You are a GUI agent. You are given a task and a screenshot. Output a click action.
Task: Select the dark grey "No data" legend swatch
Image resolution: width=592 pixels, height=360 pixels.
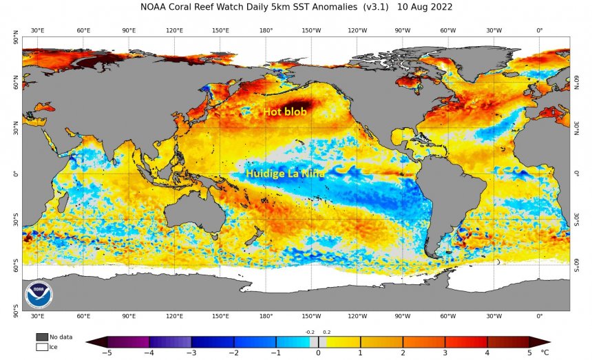coord(42,337)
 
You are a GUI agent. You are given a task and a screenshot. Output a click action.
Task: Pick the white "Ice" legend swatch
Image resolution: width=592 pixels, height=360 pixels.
coord(42,347)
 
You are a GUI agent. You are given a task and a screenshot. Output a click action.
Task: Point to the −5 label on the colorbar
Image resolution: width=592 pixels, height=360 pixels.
coord(107,353)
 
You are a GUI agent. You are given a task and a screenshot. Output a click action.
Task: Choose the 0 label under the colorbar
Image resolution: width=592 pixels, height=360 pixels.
coord(318,353)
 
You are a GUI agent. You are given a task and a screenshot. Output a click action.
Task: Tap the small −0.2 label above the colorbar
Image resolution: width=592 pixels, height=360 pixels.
coord(309,332)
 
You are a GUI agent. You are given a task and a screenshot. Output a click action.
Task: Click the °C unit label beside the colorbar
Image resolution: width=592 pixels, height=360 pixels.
coord(545,353)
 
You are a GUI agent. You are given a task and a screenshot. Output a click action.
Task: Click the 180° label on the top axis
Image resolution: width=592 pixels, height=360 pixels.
coord(266,30)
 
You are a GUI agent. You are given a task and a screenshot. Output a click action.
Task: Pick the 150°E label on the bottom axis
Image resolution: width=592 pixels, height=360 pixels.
coord(220,316)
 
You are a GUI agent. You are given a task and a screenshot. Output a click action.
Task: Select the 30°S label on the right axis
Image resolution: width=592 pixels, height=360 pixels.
coord(577,219)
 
